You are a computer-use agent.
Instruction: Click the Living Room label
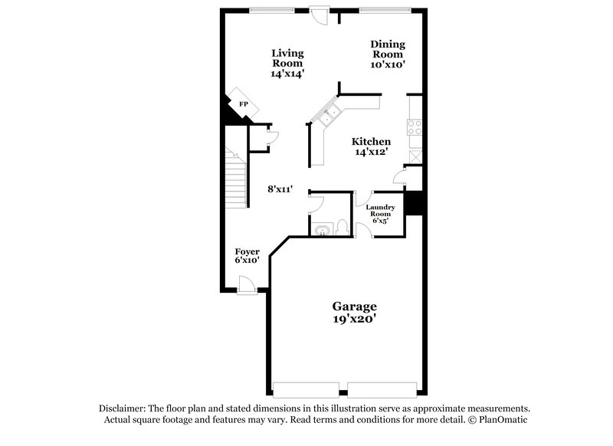pyautogui.click(x=287, y=58)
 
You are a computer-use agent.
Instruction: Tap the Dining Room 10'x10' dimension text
pyautogui.click(x=388, y=65)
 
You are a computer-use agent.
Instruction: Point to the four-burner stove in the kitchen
pyautogui.click(x=415, y=126)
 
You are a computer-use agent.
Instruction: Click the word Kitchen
pyautogui.click(x=372, y=142)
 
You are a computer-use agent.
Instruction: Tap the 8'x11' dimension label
pyautogui.click(x=281, y=188)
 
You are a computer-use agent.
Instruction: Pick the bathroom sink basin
pyautogui.click(x=322, y=228)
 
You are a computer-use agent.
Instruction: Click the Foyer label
pyautogui.click(x=247, y=251)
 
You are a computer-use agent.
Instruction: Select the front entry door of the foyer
pyautogui.click(x=247, y=287)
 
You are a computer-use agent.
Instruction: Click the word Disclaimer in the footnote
pyautogui.click(x=123, y=408)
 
